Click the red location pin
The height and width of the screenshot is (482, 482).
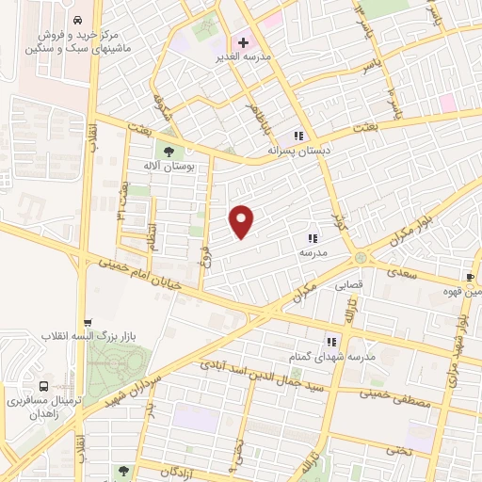tap(242, 220)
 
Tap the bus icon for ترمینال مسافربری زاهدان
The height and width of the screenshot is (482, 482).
tap(44, 385)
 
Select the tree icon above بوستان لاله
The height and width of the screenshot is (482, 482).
tap(169, 150)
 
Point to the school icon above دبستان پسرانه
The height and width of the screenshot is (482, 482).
tap(299, 135)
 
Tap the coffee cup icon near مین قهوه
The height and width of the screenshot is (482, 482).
tap(470, 277)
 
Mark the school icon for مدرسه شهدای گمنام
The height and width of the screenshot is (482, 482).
tap(331, 343)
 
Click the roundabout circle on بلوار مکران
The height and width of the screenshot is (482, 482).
tap(361, 258)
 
